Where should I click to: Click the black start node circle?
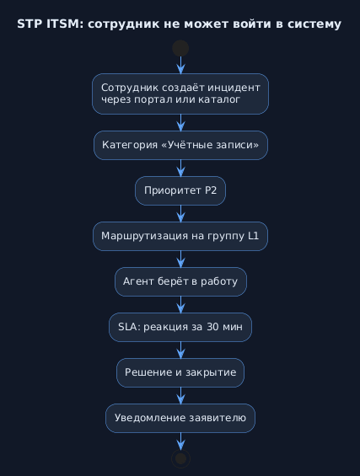click(x=180, y=48)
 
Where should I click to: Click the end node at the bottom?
click(x=180, y=458)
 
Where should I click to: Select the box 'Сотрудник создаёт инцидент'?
click(x=180, y=94)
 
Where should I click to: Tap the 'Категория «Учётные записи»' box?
click(x=180, y=145)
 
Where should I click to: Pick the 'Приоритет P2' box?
click(x=180, y=190)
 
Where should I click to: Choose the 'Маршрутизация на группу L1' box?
click(x=180, y=236)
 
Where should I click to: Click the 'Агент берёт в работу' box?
click(x=180, y=281)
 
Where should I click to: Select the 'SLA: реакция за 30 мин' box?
click(x=180, y=327)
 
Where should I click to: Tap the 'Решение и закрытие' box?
click(x=180, y=372)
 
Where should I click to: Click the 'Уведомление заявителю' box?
click(x=180, y=419)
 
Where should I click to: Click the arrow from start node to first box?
click(x=180, y=65)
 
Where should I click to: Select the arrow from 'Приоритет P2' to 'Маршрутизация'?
click(x=180, y=214)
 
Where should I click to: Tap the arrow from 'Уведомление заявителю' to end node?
click(x=180, y=441)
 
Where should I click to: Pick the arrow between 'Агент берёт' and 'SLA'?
click(x=180, y=305)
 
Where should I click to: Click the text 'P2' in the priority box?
click(x=211, y=190)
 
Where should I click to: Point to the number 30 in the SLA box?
click(x=212, y=327)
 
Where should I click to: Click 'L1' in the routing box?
click(x=254, y=236)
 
